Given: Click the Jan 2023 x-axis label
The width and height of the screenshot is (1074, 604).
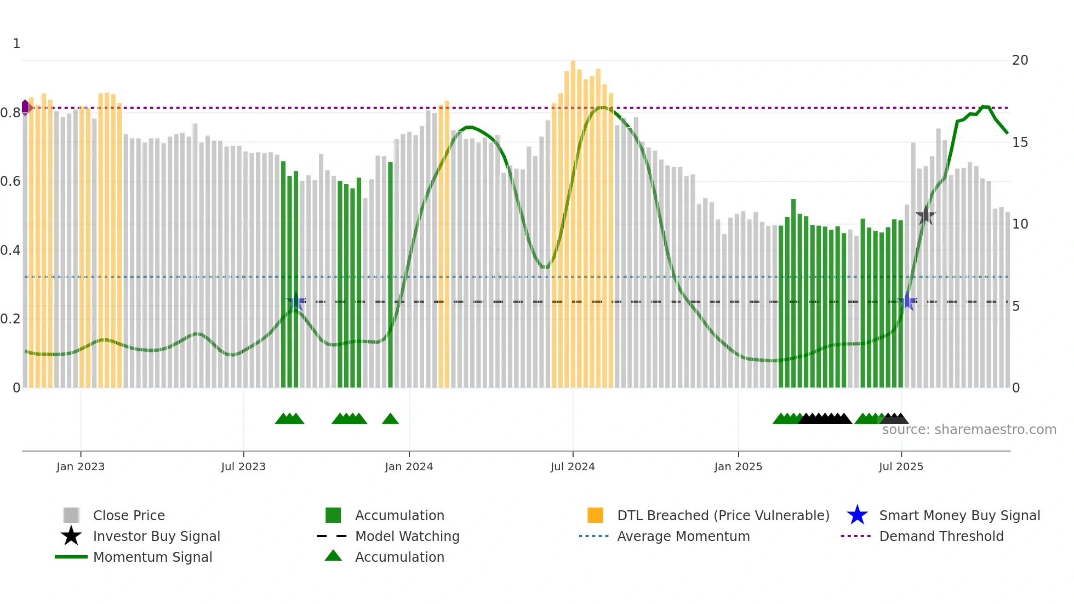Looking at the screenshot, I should (x=81, y=466).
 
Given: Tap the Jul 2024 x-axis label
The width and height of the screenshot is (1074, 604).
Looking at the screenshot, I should (x=573, y=466).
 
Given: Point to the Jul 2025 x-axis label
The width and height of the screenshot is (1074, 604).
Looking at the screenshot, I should (x=901, y=466).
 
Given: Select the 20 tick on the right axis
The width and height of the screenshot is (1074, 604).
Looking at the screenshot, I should (x=1020, y=60).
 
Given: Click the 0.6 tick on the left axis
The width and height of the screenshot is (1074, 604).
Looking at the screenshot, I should (x=10, y=181).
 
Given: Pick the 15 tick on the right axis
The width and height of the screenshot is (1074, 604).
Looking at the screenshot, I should (x=1020, y=143).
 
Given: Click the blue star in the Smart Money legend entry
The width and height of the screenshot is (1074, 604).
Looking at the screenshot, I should (x=857, y=515).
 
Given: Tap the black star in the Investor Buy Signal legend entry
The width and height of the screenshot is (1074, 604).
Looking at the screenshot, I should (x=71, y=536).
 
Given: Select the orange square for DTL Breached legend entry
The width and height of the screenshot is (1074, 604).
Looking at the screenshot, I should (x=595, y=515).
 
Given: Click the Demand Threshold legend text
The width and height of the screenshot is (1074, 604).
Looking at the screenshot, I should (x=941, y=536).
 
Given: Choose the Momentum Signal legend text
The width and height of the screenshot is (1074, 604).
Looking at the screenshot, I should (x=152, y=557).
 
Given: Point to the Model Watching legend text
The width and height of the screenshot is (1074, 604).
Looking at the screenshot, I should (x=407, y=536).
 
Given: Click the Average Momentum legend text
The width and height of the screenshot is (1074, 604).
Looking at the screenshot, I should (x=683, y=536).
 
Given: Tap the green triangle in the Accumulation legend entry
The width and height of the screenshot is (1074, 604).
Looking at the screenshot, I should (x=333, y=556).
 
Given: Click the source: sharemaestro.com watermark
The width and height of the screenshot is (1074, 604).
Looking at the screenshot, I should (x=969, y=430).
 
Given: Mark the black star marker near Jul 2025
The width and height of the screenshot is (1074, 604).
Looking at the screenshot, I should (x=926, y=215).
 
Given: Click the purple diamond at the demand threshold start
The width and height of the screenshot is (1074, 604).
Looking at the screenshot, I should (x=25, y=107).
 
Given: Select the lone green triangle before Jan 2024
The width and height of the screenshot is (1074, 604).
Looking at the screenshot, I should (x=390, y=419).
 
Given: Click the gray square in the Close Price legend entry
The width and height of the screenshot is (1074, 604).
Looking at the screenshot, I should (x=71, y=515).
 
